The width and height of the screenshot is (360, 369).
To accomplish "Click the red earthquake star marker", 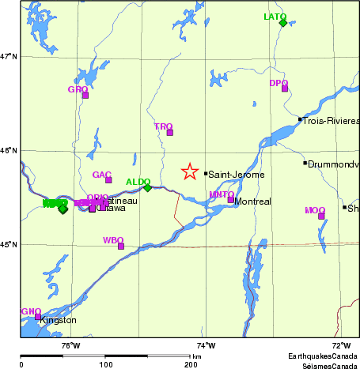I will [x=189, y=171].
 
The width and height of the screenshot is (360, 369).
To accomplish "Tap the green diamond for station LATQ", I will [x=282, y=23].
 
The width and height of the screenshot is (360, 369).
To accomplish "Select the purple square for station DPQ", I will [x=285, y=88].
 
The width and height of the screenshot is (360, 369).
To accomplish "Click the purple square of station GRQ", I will [x=85, y=95].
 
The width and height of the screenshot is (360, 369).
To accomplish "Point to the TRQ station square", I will [x=169, y=133].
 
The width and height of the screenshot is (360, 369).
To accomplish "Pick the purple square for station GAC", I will [x=108, y=180].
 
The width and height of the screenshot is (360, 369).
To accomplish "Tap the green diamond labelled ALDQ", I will [x=147, y=188].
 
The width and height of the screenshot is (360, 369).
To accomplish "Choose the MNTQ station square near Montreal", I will [x=230, y=200].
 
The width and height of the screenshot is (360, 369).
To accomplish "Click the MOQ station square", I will [x=321, y=216].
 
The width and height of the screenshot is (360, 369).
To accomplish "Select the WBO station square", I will [x=121, y=246].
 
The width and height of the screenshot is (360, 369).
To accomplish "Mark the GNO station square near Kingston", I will [x=37, y=317].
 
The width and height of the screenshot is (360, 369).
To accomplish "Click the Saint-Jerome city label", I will [x=237, y=175].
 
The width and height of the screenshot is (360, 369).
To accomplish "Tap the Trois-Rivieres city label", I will [x=332, y=121].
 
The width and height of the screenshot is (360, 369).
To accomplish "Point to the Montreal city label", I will [x=253, y=202].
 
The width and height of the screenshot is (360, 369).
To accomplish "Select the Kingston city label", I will [x=58, y=321].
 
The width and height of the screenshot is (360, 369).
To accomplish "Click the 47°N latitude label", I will [x=9, y=56].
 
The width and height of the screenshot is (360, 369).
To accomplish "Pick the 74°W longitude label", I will [x=206, y=345].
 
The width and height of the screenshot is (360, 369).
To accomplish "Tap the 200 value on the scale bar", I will [x=191, y=364].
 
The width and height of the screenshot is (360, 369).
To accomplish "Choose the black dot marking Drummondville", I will [x=305, y=164].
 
